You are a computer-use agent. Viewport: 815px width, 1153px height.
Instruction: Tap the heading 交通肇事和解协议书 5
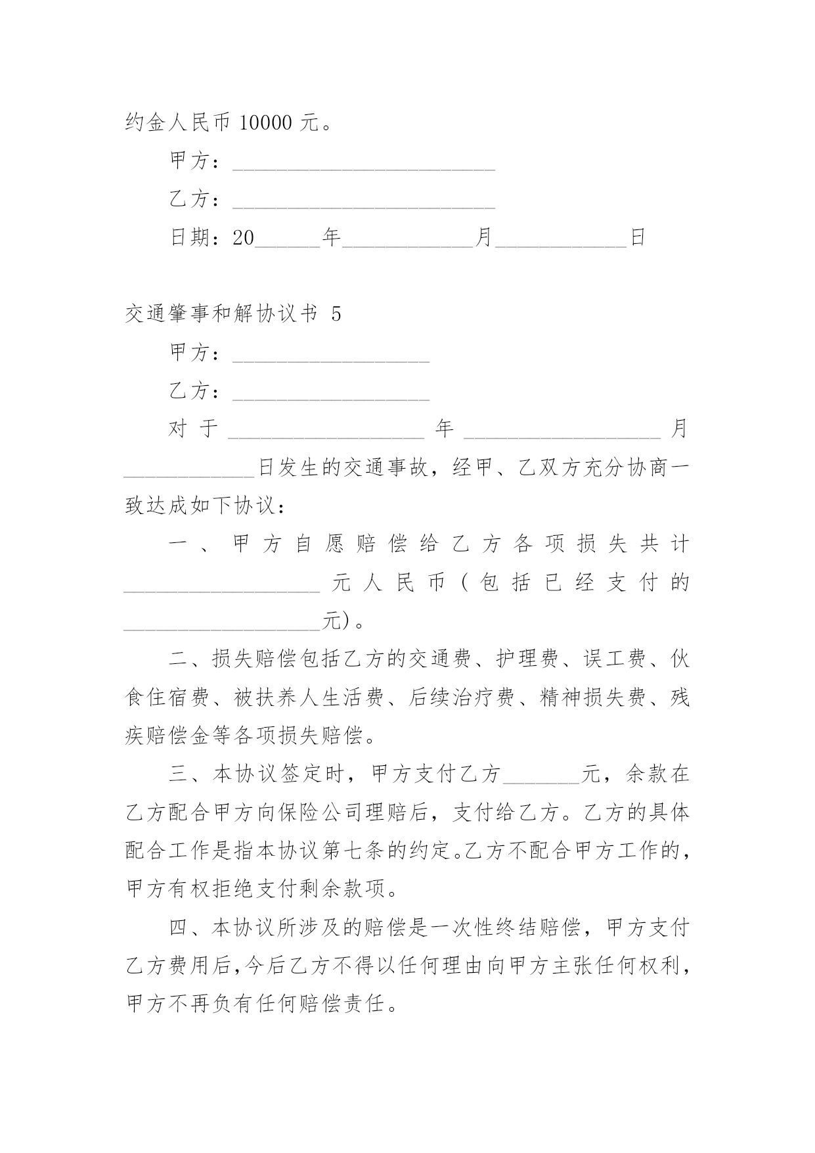233,314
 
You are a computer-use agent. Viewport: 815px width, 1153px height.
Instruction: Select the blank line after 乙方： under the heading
331,392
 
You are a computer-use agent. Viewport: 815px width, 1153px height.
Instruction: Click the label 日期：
200,238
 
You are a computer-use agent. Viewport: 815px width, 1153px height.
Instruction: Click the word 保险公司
320,813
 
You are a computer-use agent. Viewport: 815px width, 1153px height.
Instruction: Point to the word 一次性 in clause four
460,928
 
